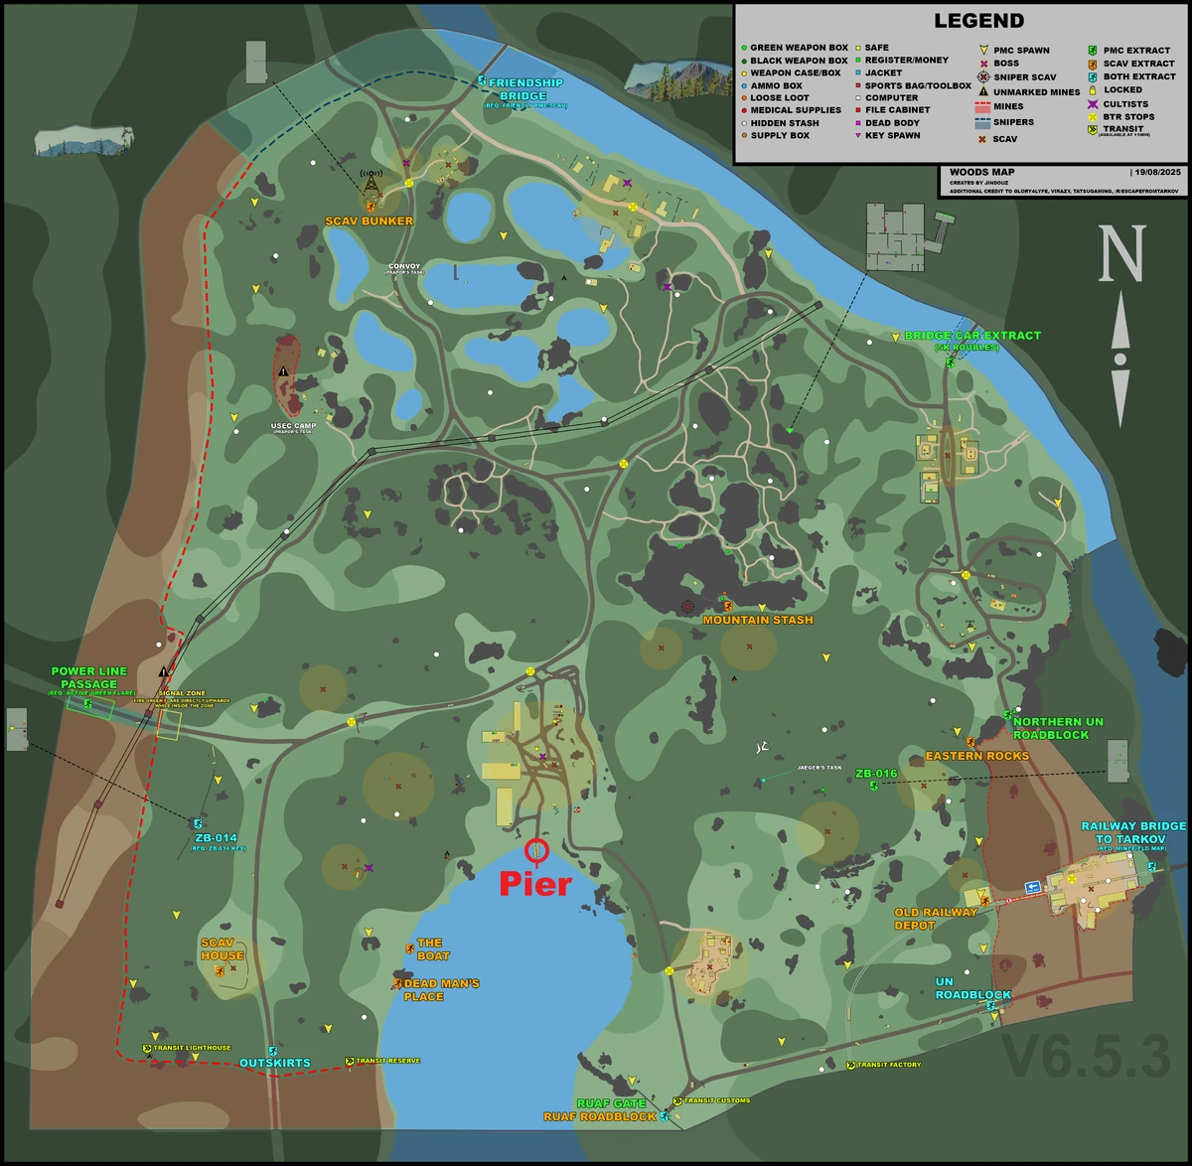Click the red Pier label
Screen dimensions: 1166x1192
pos(535,883)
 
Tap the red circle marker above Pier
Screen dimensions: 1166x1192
pos(536,850)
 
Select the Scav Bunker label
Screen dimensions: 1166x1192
pos(369,220)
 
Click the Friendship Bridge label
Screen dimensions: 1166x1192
pos(524,89)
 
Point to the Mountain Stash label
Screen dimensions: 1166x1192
pos(758,620)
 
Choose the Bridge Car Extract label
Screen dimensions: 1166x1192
pos(971,336)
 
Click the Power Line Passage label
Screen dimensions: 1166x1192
pos(89,677)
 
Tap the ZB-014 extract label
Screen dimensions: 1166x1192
pos(216,838)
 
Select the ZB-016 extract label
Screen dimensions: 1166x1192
pos(876,774)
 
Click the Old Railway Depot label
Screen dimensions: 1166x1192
pos(936,919)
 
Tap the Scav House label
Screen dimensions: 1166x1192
pos(221,949)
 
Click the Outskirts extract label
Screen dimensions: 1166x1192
pos(275,1063)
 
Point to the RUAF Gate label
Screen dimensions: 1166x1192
pos(611,1103)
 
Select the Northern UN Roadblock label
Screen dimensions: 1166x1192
pos(1058,728)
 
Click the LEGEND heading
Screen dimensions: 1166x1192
pos(978,21)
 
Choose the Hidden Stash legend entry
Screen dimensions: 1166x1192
pos(785,123)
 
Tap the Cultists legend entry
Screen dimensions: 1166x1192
pos(1124,104)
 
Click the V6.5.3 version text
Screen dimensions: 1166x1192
pos(1086,1057)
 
